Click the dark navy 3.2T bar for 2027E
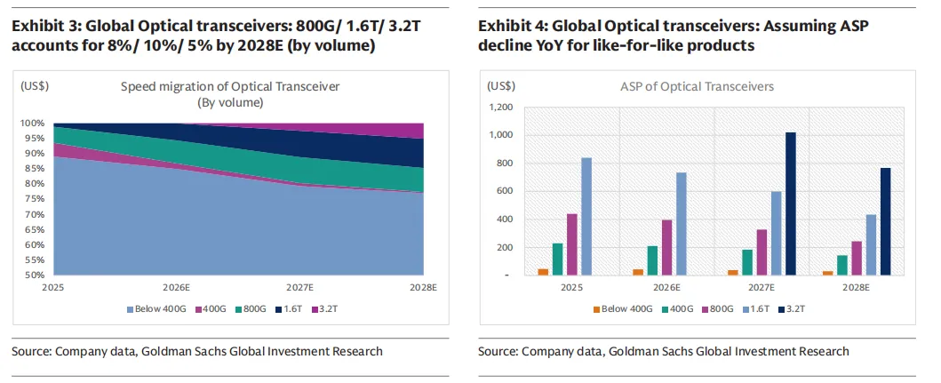[x=791, y=203]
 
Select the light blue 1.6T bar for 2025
[x=586, y=216]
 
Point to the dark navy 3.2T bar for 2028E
[x=885, y=221]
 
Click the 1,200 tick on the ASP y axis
[x=501, y=108]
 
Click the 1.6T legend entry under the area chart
[x=292, y=308]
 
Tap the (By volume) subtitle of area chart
[x=230, y=102]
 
